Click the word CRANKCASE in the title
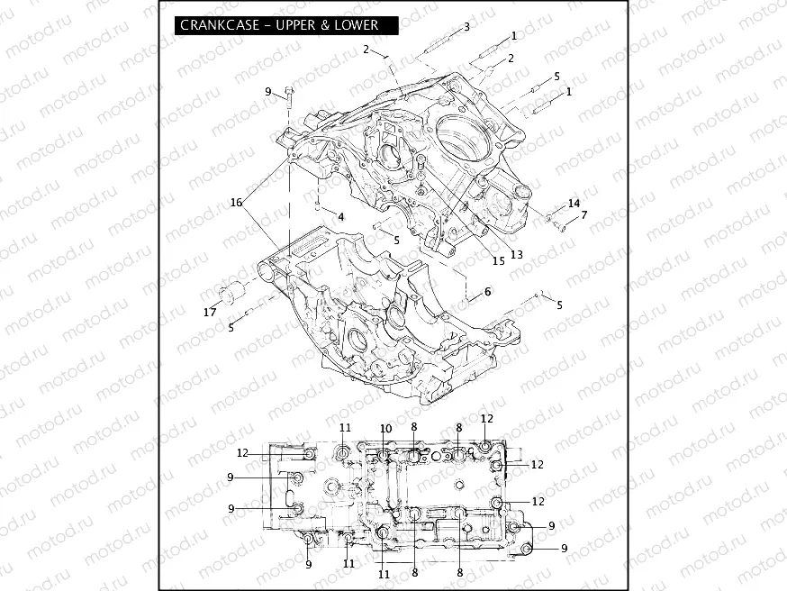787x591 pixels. click(220, 25)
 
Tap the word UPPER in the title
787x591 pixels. click(294, 25)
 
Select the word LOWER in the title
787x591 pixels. click(356, 25)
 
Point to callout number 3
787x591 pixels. click(466, 27)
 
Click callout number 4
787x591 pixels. click(341, 217)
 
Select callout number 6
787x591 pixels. click(487, 292)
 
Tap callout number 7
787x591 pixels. click(583, 215)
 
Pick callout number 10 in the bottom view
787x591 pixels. click(385, 428)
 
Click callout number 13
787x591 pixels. click(517, 255)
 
